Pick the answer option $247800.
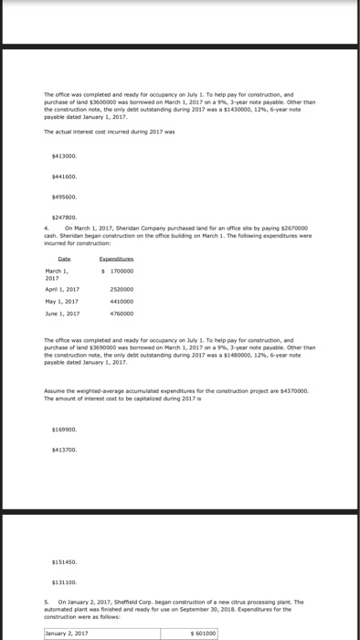click(65, 216)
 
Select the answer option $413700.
click(65, 449)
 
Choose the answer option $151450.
click(65, 561)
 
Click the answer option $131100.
click(65, 581)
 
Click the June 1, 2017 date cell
click(61, 314)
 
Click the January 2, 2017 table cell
click(69, 632)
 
